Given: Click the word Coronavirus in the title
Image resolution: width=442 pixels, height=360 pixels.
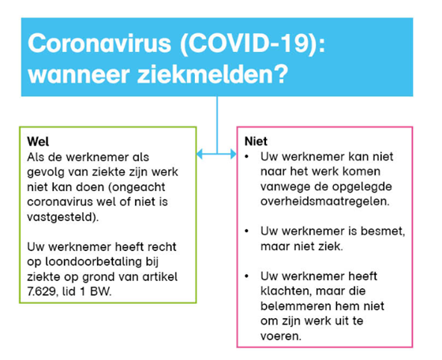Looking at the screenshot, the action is coord(99,43).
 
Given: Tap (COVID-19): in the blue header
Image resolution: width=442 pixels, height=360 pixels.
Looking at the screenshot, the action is coord(253,43).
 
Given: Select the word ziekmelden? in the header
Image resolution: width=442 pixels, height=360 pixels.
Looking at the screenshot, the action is coord(213,74).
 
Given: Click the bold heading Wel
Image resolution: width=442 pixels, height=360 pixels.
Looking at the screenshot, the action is coord(38,141).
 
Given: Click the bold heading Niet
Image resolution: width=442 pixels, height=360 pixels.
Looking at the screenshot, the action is coord(256,141).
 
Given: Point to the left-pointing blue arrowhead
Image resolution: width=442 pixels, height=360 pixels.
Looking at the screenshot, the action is coord(199,154).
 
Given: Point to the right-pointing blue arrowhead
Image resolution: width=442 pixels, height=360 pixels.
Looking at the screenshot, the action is coord(234,154).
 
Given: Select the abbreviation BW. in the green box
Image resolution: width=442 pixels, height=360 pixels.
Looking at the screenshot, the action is coord(101,291).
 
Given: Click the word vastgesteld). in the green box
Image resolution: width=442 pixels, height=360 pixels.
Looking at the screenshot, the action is coord(63,217).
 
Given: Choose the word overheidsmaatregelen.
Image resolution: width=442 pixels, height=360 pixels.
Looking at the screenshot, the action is coord(325,201).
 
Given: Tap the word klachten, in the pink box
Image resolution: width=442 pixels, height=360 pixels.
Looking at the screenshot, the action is coord(286,291).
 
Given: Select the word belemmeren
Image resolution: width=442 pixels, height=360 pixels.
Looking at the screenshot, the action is coord(292,306).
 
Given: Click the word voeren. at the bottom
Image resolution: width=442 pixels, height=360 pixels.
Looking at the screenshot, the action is coord(281,336).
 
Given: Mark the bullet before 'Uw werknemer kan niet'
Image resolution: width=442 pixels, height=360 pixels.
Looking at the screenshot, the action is coord(247,157).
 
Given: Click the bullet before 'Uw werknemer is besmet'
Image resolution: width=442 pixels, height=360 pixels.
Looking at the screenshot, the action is coord(247,231).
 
